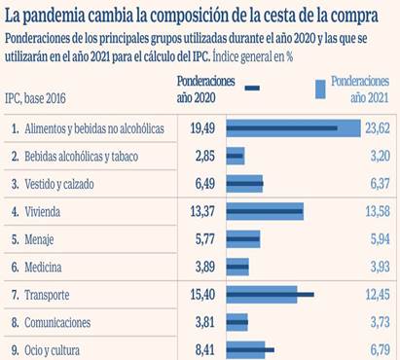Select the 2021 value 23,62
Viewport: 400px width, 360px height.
(376, 127)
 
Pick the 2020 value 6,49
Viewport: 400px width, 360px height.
(202, 183)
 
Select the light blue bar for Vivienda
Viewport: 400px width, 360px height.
(269, 211)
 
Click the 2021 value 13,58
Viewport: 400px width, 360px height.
(376, 211)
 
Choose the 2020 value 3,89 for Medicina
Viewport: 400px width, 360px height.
(202, 266)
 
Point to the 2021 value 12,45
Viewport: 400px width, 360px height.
(376, 293)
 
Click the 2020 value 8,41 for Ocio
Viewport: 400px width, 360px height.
(202, 347)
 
